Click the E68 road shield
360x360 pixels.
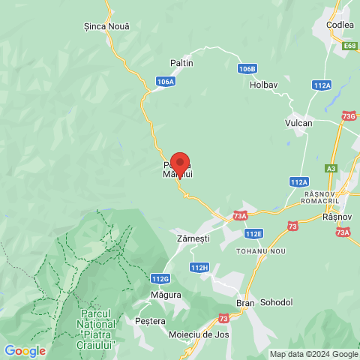click(349, 46)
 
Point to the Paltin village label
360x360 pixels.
click(182, 63)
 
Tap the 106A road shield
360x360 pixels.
click(166, 81)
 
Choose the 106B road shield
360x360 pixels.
click(247, 68)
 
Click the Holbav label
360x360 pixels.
click(264, 85)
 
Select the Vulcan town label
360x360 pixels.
click(298, 122)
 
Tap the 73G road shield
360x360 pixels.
click(349, 116)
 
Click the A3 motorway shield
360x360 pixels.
click(331, 169)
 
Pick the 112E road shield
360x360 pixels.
click(253, 233)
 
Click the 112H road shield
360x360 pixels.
click(199, 267)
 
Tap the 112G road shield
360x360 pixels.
click(160, 279)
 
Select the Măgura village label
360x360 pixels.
click(165, 295)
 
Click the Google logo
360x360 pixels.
click(25, 351)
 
